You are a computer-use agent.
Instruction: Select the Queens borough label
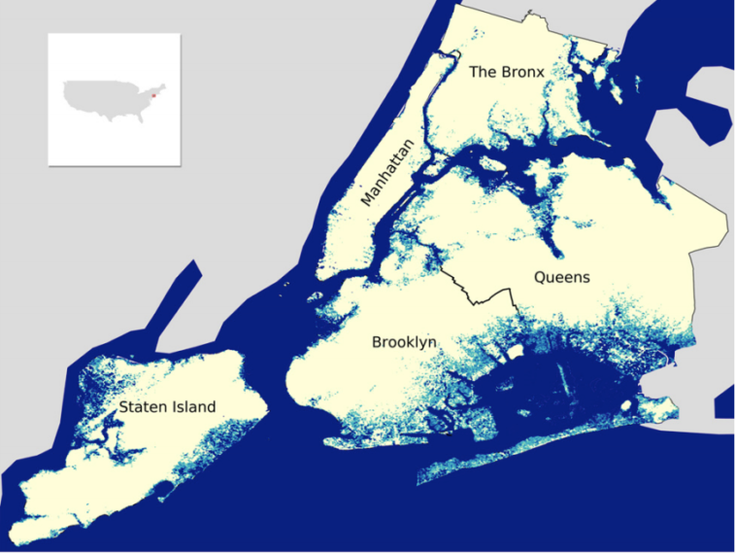pyautogui.click(x=561, y=277)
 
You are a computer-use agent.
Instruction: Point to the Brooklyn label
pyautogui.click(x=404, y=342)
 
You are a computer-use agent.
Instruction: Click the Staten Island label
pyautogui.click(x=167, y=407)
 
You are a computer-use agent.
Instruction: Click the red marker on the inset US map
pyautogui.click(x=153, y=94)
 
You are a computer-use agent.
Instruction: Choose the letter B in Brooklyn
pyautogui.click(x=377, y=342)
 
